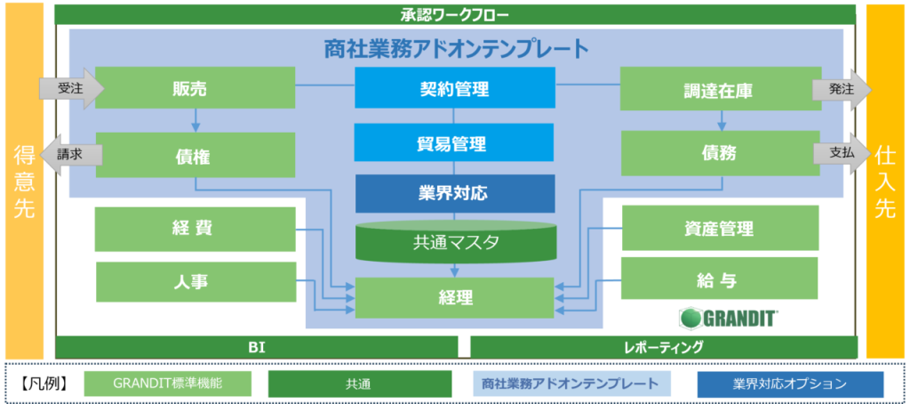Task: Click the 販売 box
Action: (195, 88)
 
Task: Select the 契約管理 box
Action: (454, 88)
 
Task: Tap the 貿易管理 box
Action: (454, 142)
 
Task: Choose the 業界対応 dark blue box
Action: (454, 193)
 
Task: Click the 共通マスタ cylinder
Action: (454, 240)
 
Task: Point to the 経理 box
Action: (454, 297)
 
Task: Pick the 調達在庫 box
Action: (720, 88)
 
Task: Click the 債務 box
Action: (720, 153)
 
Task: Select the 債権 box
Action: (195, 155)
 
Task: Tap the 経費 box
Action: (195, 229)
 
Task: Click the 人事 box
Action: (195, 282)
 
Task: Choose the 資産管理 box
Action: (720, 228)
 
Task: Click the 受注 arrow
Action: (71, 88)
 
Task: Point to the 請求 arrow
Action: (70, 155)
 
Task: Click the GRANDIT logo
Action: (729, 318)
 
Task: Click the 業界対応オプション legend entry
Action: (790, 384)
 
